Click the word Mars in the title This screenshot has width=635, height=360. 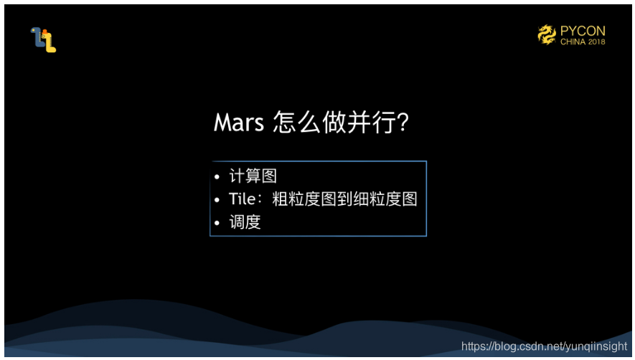238,122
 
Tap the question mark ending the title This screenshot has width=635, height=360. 403,122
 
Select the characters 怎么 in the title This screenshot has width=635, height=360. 296,122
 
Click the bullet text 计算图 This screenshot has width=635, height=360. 253,176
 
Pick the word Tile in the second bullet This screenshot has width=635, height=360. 243,199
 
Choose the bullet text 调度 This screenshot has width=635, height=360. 245,222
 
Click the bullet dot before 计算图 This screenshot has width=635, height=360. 217,176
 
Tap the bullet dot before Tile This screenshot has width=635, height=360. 217,199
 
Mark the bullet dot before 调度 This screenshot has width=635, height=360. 217,223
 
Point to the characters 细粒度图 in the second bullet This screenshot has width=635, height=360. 385,199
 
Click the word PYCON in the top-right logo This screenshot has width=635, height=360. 583,31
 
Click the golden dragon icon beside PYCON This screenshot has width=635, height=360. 547,34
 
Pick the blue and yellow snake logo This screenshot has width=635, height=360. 43,39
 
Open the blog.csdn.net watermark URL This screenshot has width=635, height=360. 544,346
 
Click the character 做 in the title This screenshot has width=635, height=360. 334,122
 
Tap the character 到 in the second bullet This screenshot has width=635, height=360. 344,199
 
